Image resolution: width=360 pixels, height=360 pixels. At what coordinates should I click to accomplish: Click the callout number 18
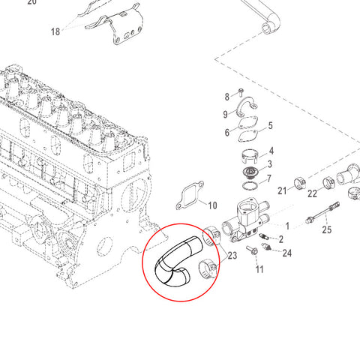click(55, 31)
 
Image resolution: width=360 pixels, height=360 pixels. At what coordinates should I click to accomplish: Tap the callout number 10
click(212, 205)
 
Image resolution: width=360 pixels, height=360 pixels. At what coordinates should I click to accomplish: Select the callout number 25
click(327, 229)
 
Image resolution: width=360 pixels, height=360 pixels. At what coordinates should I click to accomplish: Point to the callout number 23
click(232, 256)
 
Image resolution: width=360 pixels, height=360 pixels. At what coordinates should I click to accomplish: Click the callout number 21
click(282, 191)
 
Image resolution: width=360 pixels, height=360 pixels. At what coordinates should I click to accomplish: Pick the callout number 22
click(312, 193)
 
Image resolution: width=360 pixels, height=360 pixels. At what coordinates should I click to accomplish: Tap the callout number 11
click(259, 269)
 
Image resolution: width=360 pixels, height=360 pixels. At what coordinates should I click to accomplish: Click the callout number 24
click(287, 253)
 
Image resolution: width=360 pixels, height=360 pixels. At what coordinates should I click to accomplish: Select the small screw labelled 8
click(241, 92)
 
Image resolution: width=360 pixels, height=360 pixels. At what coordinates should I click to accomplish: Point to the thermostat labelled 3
click(250, 173)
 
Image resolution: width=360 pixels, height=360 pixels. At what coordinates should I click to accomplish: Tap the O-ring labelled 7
click(250, 186)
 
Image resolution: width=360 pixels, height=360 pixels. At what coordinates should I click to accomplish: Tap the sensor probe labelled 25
click(322, 212)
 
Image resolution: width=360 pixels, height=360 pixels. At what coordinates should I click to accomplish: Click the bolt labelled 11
click(252, 250)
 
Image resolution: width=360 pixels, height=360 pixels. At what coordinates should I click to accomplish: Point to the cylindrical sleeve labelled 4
click(250, 157)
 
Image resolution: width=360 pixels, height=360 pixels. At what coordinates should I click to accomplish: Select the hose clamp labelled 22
click(328, 184)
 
